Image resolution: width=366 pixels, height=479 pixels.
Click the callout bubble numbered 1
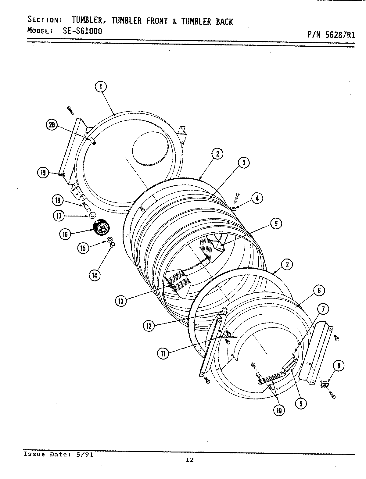pos(100,87)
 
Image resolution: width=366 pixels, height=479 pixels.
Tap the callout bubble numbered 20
pos(52,125)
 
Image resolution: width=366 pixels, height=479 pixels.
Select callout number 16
pos(65,234)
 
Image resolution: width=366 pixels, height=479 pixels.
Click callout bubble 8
pos(340,366)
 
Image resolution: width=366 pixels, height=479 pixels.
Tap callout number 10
pos(279,410)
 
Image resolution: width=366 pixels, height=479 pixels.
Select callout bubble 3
pos(244,163)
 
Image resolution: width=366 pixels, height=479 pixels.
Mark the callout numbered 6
pos(319,291)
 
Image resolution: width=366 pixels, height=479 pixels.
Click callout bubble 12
pos(149,326)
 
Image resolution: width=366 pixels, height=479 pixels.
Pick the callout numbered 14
pos(94,275)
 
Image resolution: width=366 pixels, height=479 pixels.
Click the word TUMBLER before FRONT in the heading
pos(127,21)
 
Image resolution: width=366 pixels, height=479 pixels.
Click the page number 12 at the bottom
pos(190,459)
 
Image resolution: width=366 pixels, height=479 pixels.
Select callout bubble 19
pos(43,173)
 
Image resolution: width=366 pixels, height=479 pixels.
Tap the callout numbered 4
pos(257,198)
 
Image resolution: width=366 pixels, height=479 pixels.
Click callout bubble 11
pos(163,353)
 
